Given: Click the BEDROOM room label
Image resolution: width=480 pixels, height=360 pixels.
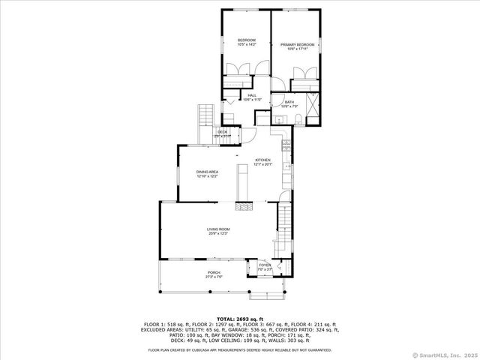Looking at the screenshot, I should click(247, 40).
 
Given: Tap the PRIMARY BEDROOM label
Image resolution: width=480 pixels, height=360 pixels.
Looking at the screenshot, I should click(298, 45).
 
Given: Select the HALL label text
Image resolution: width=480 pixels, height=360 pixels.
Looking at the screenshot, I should click(252, 96).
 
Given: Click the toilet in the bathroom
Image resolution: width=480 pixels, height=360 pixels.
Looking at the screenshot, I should click(298, 120).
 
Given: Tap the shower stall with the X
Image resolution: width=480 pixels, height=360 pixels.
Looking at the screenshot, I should click(314, 105).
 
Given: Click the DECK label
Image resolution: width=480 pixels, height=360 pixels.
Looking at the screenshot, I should click(223, 133).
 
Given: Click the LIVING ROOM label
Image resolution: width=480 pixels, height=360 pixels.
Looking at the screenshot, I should click(218, 230).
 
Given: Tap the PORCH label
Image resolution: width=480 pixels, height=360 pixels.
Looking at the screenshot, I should click(214, 274).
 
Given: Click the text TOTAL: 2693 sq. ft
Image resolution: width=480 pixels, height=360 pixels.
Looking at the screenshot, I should click(240, 319).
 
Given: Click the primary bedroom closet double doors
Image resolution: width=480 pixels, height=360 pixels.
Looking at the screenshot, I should click(305, 73).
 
